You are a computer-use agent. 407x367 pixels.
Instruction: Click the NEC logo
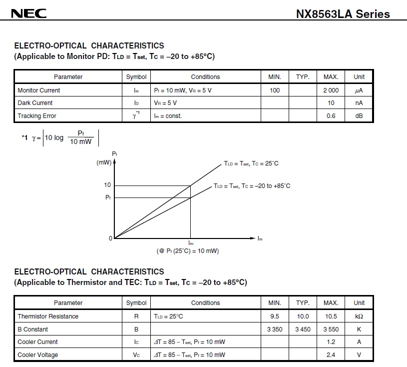[29, 13]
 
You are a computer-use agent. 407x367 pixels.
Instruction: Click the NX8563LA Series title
[343, 14]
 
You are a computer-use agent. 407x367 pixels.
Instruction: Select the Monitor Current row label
[38, 90]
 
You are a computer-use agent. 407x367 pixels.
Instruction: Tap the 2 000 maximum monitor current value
[331, 90]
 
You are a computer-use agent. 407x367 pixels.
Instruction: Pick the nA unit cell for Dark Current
[359, 103]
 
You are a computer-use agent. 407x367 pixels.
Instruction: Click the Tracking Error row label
[37, 116]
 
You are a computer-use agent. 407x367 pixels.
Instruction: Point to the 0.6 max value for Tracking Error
[331, 116]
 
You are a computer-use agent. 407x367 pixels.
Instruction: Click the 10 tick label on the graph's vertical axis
[107, 185]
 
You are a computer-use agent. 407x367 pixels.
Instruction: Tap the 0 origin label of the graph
[111, 238]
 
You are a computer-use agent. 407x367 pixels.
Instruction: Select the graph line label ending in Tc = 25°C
[251, 163]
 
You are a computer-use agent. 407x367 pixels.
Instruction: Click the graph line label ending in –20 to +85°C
[252, 186]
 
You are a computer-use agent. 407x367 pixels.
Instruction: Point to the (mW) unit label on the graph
[104, 162]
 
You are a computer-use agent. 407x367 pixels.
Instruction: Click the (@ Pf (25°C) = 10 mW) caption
[188, 251]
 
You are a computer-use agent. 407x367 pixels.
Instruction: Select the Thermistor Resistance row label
[48, 316]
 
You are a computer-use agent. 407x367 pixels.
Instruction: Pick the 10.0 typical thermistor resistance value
[303, 316]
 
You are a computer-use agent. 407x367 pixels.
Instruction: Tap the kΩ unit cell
[359, 316]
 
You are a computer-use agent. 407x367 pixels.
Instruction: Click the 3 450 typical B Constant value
[303, 329]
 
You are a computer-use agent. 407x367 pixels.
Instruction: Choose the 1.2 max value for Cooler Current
[331, 342]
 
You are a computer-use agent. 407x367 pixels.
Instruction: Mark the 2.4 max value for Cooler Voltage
[331, 355]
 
